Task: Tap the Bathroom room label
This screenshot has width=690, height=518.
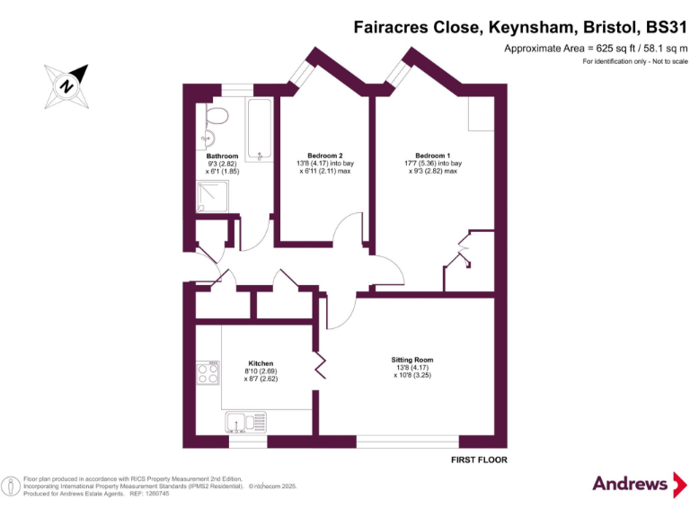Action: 222,156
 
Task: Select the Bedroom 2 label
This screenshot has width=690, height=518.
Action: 324,156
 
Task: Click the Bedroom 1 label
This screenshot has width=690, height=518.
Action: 433,156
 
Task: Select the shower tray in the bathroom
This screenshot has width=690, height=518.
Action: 213,196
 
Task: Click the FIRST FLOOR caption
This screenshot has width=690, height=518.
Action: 479,460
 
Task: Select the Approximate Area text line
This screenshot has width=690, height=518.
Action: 595,48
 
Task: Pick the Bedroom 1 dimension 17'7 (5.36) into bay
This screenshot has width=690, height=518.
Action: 433,163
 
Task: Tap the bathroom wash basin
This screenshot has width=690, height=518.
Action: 206,138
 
